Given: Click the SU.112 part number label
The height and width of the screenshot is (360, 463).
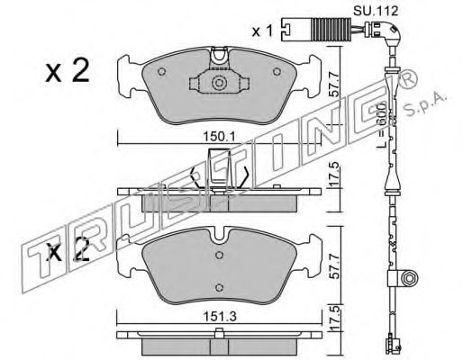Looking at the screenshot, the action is coord(375,11).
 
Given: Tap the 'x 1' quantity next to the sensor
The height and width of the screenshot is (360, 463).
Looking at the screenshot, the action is coord(262,31).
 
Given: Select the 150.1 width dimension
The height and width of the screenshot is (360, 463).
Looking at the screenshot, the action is coord(219,137).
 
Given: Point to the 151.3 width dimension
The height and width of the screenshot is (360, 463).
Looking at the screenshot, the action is coord(219,316).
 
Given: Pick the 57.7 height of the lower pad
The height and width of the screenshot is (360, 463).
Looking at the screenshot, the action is coord(335,266).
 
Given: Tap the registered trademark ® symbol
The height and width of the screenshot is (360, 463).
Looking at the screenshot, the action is coord(408,79).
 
